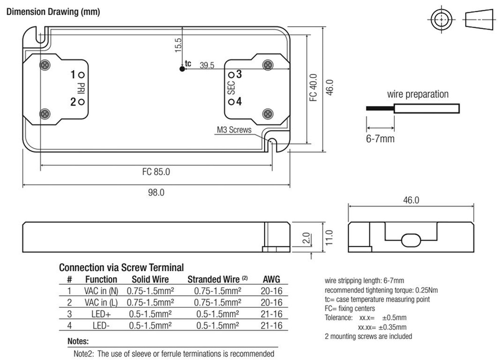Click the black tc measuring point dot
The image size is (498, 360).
coord(182,69)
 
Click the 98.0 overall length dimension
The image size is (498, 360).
coord(156,193)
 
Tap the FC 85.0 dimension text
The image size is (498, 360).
coord(156,172)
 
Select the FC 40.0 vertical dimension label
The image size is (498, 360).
coord(313,88)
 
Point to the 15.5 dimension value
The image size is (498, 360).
coord(178,45)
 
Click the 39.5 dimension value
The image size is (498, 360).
coord(207,65)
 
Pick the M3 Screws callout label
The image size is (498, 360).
coord(234,129)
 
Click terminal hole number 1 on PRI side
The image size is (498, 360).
coord(81,75)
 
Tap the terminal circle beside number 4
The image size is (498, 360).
coord(231,102)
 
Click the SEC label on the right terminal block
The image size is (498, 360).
coord(231,88)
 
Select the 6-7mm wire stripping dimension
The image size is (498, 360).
coord(380,139)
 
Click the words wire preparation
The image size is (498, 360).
coord(418,94)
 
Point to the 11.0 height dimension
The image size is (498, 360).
coord(329,237)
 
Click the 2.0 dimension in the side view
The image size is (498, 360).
coord(306,238)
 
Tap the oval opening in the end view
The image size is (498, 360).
coord(411,240)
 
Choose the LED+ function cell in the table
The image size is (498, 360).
coord(101,314)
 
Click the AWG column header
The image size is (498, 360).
coord(271,279)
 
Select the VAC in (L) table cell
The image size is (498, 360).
coord(101,303)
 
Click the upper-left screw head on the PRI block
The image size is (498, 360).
coord(45,65)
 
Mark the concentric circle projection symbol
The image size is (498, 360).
coord(441,19)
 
